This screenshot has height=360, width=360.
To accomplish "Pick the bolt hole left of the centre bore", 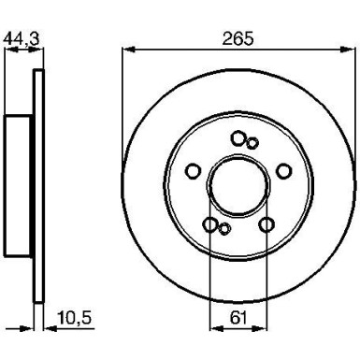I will click(194, 171).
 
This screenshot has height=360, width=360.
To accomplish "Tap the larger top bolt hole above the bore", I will click(238, 138).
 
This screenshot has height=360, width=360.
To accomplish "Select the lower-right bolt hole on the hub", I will click(267, 224).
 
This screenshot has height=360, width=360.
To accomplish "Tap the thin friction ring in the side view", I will click(37, 183).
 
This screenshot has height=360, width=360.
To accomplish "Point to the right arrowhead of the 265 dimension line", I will click(353, 49).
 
